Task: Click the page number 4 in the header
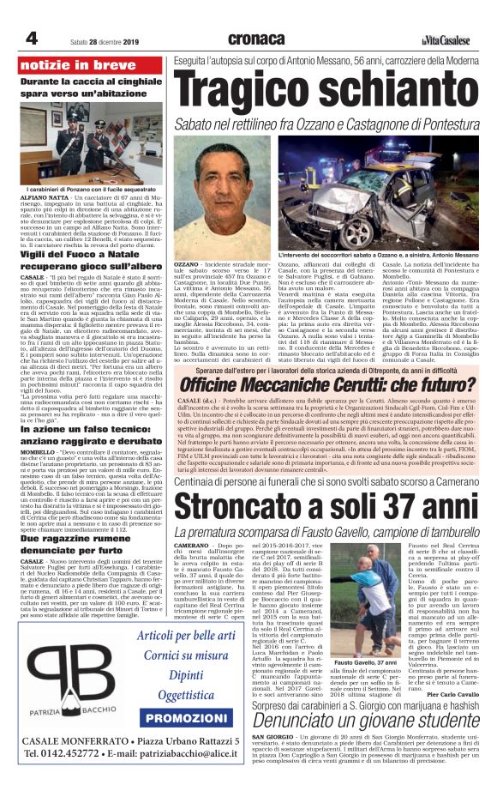32,39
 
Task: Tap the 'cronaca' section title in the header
256,39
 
